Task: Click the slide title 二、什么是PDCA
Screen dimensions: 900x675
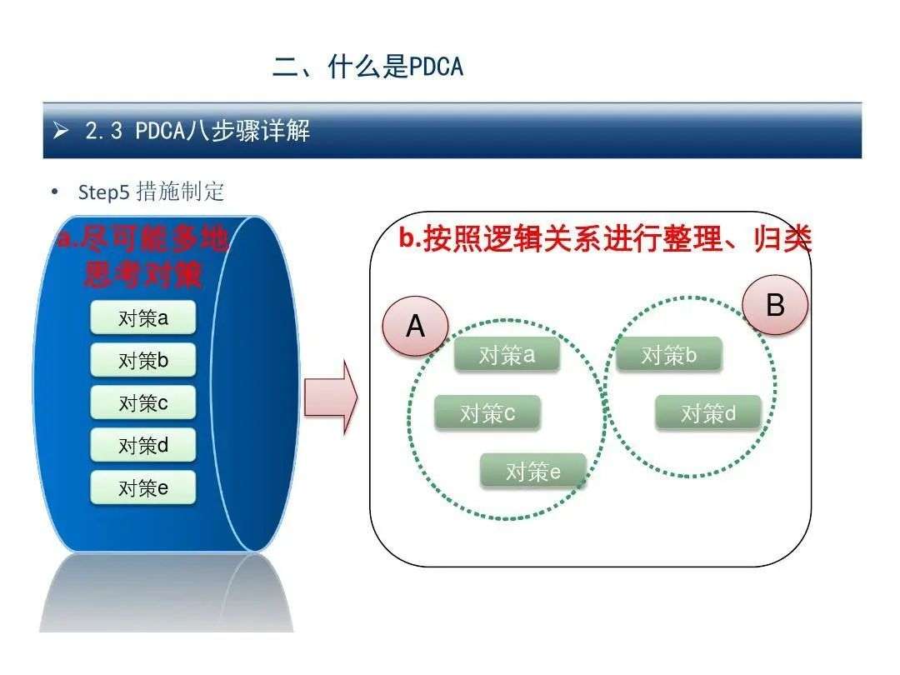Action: (368, 67)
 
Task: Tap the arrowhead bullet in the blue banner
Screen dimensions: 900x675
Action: (60, 131)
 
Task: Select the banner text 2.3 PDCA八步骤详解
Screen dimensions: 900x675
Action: (197, 131)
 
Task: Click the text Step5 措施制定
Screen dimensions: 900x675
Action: (151, 192)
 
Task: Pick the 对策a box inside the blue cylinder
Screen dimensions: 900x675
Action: (143, 317)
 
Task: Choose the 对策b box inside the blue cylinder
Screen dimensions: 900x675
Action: (143, 360)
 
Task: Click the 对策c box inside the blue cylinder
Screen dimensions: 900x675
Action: (143, 402)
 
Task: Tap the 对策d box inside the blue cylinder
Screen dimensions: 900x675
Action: (143, 445)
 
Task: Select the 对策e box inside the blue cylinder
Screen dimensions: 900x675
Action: (143, 487)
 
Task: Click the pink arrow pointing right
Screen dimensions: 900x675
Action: (331, 397)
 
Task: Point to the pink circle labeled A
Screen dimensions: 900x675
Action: (416, 326)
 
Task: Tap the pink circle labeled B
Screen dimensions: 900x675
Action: (776, 305)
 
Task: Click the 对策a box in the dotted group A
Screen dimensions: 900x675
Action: (507, 355)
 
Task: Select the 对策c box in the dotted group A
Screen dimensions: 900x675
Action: (487, 412)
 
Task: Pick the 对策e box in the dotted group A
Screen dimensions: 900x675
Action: (532, 471)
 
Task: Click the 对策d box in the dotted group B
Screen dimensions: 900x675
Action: (708, 412)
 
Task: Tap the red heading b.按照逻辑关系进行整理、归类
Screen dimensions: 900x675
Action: (606, 238)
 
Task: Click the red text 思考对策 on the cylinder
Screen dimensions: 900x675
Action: (143, 274)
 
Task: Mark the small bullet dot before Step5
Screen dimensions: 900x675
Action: (54, 192)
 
